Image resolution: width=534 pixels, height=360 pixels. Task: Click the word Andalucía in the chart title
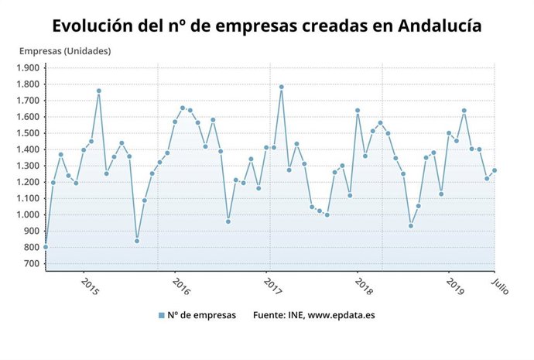pos(440,26)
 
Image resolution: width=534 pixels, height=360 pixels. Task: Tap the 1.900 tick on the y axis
pos(27,67)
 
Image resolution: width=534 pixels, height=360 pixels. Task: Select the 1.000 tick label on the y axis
pos(27,214)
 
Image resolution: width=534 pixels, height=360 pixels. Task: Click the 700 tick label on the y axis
pos(31,263)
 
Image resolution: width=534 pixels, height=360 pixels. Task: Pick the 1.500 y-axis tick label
pos(27,133)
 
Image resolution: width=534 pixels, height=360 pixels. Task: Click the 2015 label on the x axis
pos(90,286)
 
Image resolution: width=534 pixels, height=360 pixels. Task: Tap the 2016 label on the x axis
pos(181,286)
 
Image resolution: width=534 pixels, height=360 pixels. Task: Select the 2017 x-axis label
pos(272,286)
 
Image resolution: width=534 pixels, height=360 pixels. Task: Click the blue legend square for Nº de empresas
pos(162,315)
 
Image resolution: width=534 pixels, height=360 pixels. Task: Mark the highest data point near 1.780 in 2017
pos(281,87)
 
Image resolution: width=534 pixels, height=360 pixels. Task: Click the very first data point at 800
pos(46,247)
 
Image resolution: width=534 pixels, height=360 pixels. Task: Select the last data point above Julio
pos(495,170)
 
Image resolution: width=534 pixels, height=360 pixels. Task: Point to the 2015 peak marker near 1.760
pos(99,91)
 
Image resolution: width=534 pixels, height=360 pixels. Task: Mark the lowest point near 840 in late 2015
pos(137,241)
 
